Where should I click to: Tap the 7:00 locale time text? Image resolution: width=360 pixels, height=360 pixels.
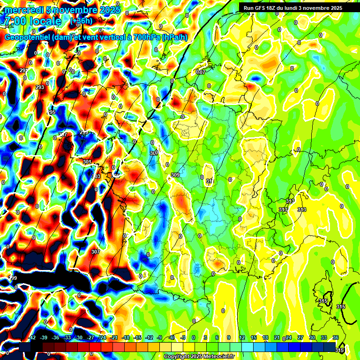point(32,22)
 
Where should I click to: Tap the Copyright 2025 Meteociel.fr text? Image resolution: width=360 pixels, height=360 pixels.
point(199,356)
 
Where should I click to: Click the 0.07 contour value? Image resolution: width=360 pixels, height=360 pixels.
point(201,72)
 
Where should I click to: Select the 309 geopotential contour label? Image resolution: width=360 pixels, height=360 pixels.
point(175,175)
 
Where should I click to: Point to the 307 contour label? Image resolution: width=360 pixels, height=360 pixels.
point(96,252)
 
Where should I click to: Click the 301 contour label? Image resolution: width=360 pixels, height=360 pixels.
point(87,162)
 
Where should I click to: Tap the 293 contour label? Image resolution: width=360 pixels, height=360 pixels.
point(40,87)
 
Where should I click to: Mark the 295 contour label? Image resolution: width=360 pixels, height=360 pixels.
point(52,112)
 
